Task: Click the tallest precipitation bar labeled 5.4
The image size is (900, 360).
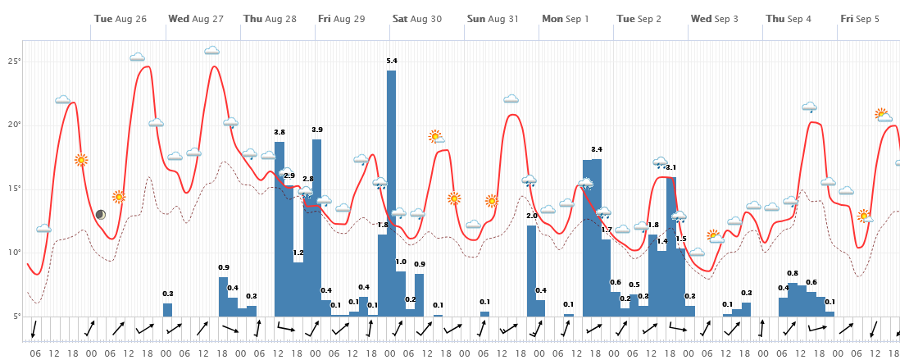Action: [x=392, y=193]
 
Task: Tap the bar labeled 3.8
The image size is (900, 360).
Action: [x=280, y=229]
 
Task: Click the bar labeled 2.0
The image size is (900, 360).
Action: [x=531, y=271]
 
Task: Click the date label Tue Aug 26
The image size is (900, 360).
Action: [x=120, y=18]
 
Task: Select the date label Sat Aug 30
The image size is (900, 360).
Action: [x=416, y=18]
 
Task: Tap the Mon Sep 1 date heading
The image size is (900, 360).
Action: [x=565, y=18]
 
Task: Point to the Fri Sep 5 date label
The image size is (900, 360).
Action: [x=859, y=18]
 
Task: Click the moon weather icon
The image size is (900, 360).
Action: [x=100, y=215]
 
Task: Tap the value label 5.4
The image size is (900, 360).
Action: [x=392, y=61]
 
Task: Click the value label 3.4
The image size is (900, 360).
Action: [x=597, y=149]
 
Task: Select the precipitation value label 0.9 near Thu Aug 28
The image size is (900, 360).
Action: [x=224, y=267]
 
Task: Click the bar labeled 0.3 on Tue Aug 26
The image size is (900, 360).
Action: [x=168, y=309]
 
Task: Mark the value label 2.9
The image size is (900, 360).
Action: [x=289, y=175]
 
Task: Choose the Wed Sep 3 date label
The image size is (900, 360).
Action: [x=714, y=18]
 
